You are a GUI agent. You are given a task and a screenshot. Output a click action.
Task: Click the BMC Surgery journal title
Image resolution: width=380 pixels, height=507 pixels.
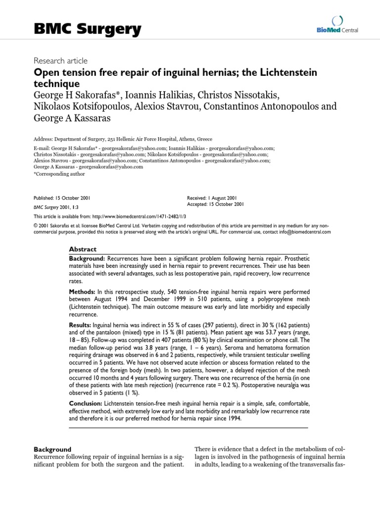point(87,30)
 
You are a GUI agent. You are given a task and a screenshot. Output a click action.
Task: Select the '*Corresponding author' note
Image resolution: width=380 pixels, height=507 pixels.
point(59,174)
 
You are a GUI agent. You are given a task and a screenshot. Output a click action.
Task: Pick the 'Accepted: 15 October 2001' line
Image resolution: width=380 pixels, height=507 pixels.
point(216,204)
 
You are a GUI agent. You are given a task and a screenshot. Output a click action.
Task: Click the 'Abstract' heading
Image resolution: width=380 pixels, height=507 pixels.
point(83,250)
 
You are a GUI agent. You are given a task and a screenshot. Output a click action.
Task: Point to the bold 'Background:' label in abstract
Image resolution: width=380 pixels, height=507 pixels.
point(87,259)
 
